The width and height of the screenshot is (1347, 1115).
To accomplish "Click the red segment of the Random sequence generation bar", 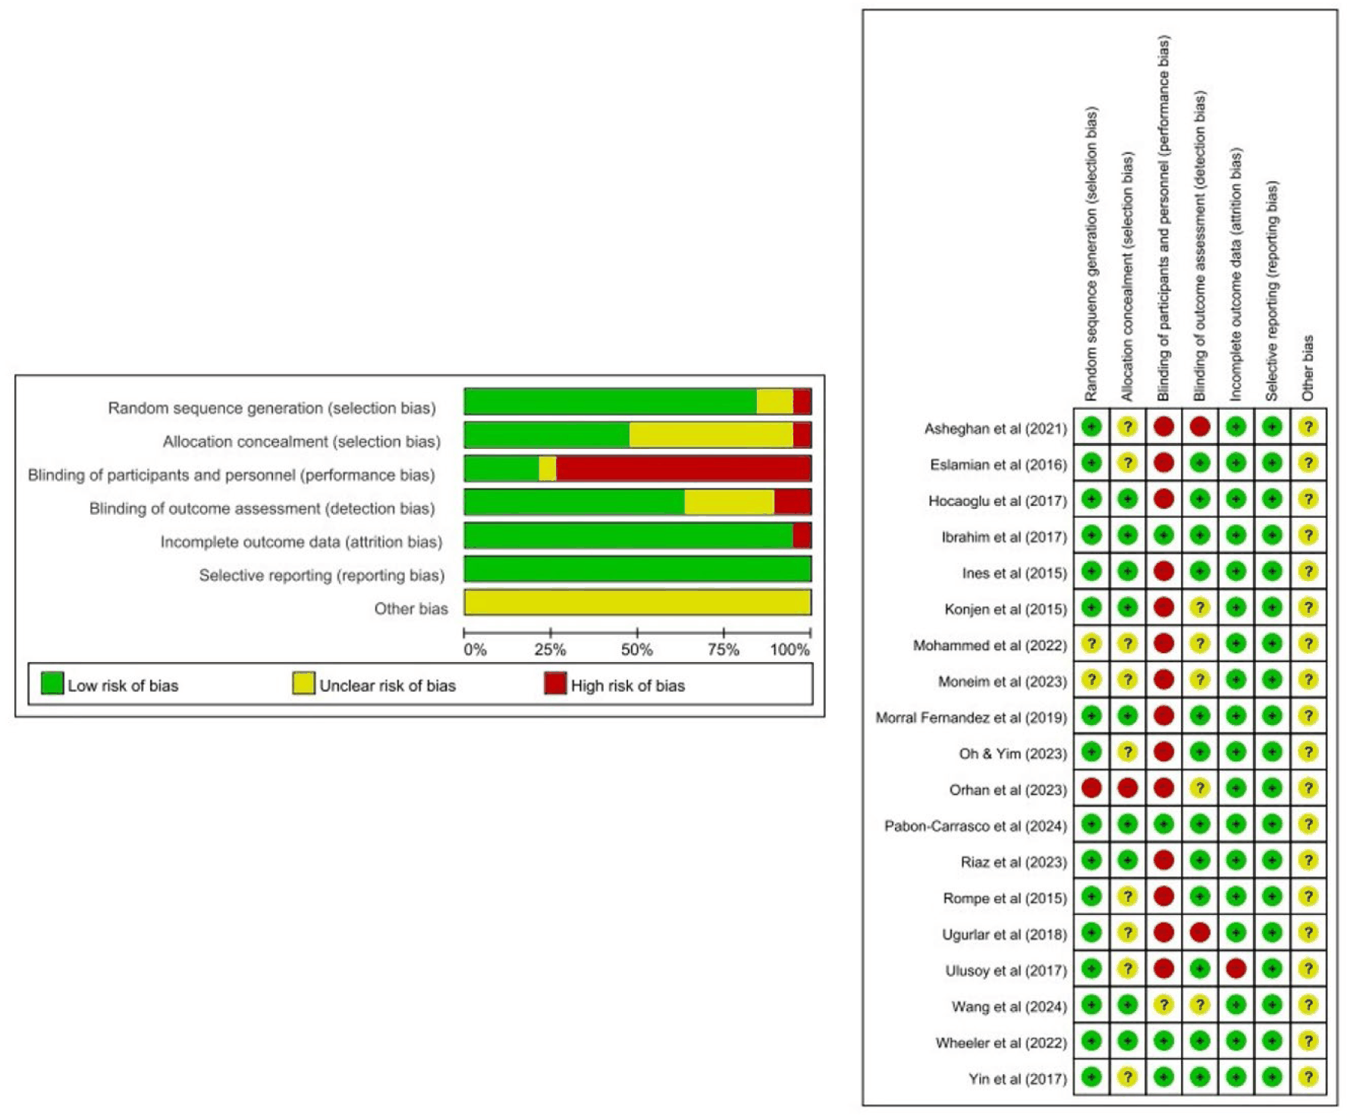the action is click(x=802, y=401).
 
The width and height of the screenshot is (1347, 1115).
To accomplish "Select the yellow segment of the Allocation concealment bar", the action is click(x=711, y=435).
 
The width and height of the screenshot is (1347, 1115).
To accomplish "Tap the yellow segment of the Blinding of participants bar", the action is click(x=548, y=468).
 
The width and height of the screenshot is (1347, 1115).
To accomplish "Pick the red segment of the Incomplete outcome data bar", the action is click(x=802, y=536).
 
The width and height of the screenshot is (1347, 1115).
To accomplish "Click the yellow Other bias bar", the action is click(x=637, y=602).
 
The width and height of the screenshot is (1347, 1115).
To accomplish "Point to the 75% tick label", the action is click(x=724, y=650).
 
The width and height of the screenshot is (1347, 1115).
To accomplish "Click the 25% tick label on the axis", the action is click(x=550, y=650).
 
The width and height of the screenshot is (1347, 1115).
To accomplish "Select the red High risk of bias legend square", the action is click(x=555, y=683).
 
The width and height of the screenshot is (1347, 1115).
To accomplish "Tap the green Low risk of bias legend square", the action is click(x=52, y=683).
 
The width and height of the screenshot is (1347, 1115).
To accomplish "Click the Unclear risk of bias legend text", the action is click(x=388, y=686).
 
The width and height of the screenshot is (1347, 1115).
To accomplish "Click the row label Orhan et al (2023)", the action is click(x=1008, y=790).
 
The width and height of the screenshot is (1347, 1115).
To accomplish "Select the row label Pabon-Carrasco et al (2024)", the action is click(x=975, y=826).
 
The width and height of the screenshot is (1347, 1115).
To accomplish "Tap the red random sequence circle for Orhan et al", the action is click(x=1091, y=788).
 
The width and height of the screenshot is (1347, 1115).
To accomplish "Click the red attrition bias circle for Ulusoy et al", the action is click(x=1236, y=969).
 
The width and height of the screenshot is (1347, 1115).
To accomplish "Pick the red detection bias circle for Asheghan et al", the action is click(x=1200, y=426).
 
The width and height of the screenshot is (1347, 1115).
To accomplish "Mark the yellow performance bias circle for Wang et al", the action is click(x=1163, y=1005).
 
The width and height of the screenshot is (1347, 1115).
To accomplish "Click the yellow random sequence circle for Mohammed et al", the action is click(x=1091, y=643).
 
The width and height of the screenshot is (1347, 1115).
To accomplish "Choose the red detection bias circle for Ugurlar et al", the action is click(x=1200, y=932).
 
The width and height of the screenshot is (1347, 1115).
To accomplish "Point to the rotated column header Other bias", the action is click(x=1308, y=369).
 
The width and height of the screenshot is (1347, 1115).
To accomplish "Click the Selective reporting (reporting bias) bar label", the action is click(x=322, y=576).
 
